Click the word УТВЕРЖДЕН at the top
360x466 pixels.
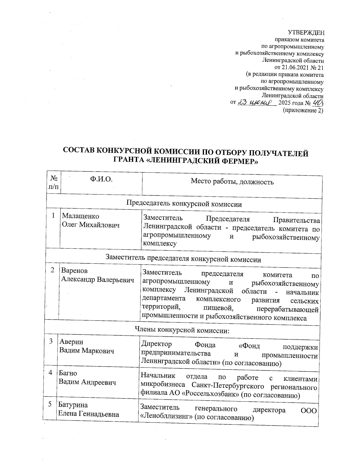(306, 32)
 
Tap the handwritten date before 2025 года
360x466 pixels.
(257, 103)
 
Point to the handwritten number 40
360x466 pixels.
(317, 103)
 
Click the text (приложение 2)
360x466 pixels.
(303, 110)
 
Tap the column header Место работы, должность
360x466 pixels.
(232, 182)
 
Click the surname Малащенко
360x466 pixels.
(80, 216)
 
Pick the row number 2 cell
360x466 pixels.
(52, 270)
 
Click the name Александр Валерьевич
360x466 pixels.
(97, 279)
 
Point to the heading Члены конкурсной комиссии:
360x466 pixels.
(183, 330)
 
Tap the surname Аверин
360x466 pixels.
(71, 342)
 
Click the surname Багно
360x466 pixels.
(68, 373)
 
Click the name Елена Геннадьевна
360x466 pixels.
(88, 414)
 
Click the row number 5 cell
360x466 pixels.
(50, 404)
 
